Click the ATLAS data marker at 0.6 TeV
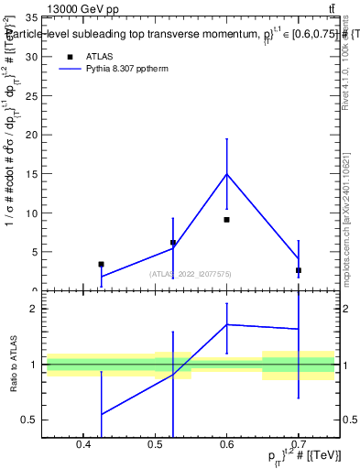226,220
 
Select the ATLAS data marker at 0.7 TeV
299,270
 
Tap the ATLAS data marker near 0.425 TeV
101,264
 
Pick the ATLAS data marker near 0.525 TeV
173,243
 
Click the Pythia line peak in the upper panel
226,174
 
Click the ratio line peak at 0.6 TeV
226,324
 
